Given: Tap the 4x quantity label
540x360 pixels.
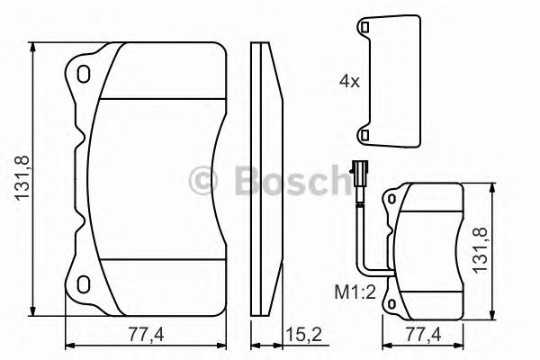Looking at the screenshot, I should point(349,81).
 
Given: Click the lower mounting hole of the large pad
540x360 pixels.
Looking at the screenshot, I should point(84,285).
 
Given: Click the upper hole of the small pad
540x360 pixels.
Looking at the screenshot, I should point(392,197).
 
